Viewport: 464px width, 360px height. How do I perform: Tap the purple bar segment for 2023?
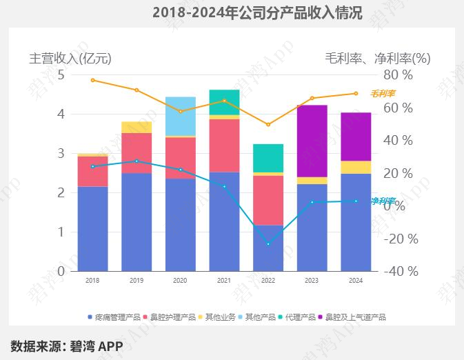(x=312, y=141)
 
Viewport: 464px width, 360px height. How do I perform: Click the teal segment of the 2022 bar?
(x=268, y=158)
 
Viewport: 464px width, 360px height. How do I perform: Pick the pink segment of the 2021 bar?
(x=224, y=146)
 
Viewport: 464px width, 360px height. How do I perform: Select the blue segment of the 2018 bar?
(x=92, y=228)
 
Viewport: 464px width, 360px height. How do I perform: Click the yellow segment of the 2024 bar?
(x=356, y=167)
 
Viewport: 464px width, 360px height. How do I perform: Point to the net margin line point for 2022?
(x=268, y=244)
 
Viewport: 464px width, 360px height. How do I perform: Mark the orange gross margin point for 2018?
(x=92, y=80)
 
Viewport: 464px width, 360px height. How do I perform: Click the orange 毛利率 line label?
(x=383, y=94)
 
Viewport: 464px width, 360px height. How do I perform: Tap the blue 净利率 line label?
(x=383, y=201)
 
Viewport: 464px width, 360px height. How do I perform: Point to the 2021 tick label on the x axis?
(x=224, y=281)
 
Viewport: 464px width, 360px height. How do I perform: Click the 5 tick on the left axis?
(x=61, y=74)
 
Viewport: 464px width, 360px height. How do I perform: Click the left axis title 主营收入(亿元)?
(x=70, y=58)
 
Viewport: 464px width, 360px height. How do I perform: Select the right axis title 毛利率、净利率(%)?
(x=377, y=58)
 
